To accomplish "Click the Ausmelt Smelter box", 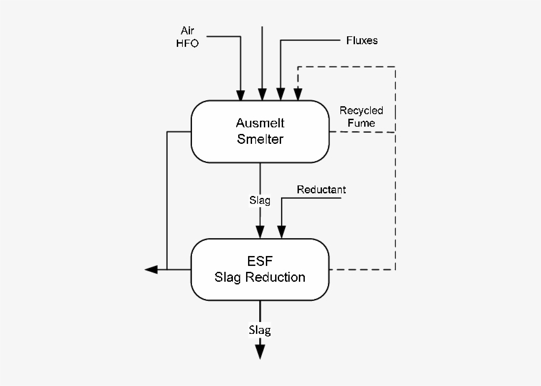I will point(260,131).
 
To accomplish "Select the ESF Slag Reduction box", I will point(260,269).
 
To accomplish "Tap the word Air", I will point(188,30).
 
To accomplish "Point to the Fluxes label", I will point(362,41).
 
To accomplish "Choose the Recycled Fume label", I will point(361,117).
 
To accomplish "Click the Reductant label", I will point(321,190).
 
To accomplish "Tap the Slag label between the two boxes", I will point(259,200).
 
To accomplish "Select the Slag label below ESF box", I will point(259,329).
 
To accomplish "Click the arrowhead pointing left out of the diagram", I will point(151,269).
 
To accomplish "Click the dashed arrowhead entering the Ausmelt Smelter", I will point(299,94).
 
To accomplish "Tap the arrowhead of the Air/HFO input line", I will point(241,94).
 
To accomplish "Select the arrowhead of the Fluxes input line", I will point(281,94).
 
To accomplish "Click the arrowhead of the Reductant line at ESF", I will point(282,232).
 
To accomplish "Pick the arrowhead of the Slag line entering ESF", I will point(260,232).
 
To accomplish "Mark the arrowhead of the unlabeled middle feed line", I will point(263,94).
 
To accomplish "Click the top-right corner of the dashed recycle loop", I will point(395,67).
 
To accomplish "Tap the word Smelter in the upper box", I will point(260,139).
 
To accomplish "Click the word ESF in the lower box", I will point(259,262).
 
